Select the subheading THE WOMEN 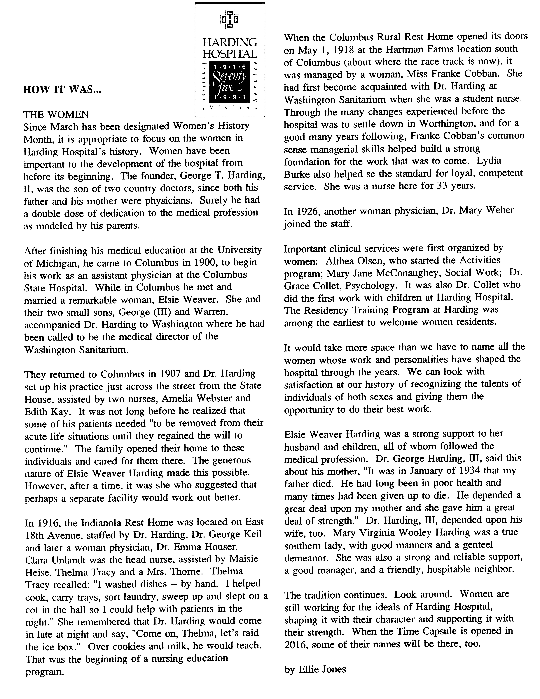click(56, 114)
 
